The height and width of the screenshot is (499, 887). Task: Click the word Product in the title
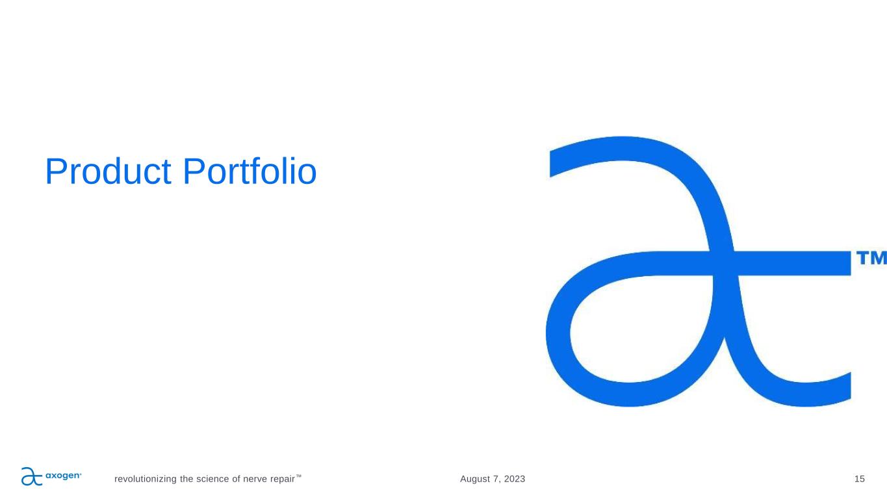pyautogui.click(x=108, y=172)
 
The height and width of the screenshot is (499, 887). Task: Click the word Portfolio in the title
pyautogui.click(x=250, y=171)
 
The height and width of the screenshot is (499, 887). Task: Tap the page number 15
pyautogui.click(x=859, y=479)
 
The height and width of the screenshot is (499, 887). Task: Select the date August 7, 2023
pyautogui.click(x=493, y=480)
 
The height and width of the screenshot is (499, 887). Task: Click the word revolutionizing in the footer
pyautogui.click(x=146, y=480)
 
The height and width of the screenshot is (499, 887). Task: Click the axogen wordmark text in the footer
pyautogui.click(x=64, y=476)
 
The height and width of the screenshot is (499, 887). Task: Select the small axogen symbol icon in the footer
pyautogui.click(x=32, y=476)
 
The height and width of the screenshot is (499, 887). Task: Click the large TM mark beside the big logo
pyautogui.click(x=871, y=257)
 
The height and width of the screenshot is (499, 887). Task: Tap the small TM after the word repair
pyautogui.click(x=298, y=476)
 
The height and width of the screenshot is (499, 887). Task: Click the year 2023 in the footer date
pyautogui.click(x=515, y=479)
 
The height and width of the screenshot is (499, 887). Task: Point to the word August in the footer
pyautogui.click(x=474, y=480)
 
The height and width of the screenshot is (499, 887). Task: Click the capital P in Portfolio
pyautogui.click(x=193, y=171)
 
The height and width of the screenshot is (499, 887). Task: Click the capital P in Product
pyautogui.click(x=55, y=171)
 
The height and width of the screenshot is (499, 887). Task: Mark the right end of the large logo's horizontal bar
pyautogui.click(x=850, y=263)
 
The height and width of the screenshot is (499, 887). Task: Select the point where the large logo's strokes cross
pyautogui.click(x=725, y=263)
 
